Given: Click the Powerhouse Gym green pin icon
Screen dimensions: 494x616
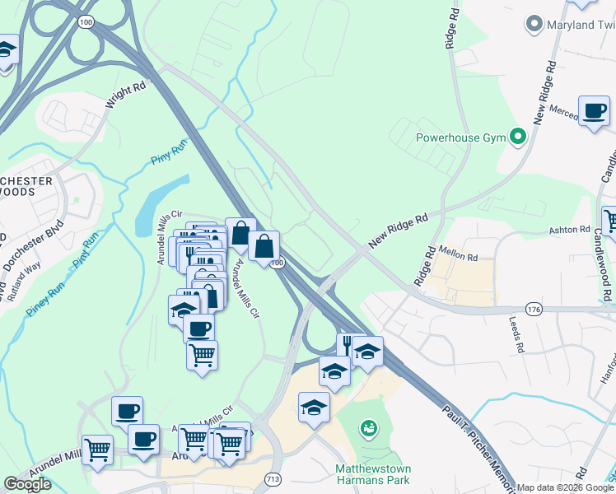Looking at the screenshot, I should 518,137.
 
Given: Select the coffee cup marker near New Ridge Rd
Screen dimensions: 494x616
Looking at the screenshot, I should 593,111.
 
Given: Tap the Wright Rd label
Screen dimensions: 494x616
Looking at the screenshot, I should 125,95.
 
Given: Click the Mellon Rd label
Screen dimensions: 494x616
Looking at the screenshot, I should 460,257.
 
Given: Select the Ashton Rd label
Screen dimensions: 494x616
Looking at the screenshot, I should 573,230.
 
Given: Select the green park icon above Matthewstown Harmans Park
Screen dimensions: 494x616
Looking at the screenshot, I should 368,428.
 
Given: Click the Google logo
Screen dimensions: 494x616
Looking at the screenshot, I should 28,484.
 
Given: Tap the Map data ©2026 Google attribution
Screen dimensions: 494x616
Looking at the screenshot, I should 564,487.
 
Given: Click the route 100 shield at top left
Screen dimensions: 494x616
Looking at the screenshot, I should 86,21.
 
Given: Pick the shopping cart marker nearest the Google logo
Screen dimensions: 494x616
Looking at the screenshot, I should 97,450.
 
